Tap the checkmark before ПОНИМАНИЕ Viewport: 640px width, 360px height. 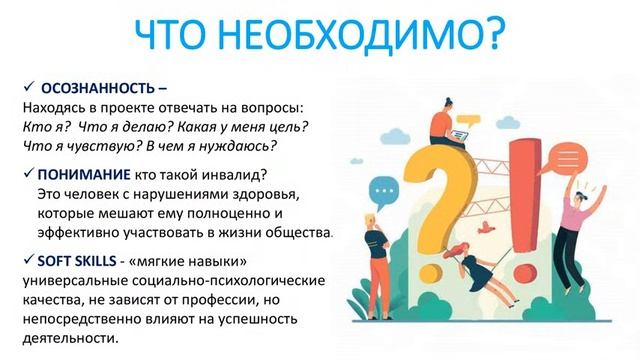[27, 173]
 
